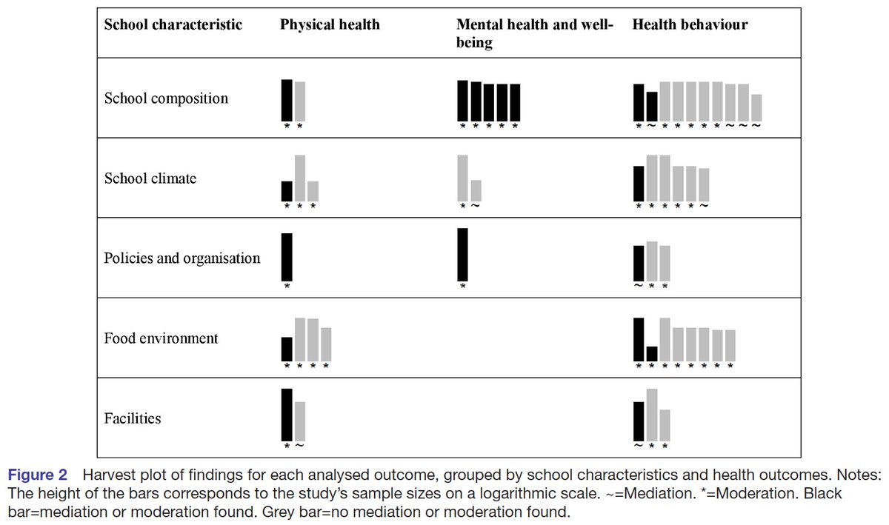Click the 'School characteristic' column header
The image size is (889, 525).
point(173,24)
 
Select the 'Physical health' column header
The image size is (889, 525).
point(330,24)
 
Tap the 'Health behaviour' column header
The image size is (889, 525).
point(690,24)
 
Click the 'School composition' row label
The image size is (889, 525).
point(166,98)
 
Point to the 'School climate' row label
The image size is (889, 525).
point(150,178)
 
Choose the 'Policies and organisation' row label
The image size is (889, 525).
point(182,258)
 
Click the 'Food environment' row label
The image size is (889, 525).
point(161,338)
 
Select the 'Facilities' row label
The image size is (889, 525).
point(133,418)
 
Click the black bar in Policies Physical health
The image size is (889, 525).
point(287,257)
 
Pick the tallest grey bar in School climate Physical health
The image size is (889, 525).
point(300,178)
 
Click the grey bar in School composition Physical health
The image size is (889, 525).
point(300,101)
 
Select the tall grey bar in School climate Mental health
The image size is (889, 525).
point(462,178)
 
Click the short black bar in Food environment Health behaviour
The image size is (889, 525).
point(651,353)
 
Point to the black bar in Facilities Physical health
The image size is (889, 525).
point(287,414)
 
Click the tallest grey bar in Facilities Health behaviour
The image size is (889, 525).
point(652,414)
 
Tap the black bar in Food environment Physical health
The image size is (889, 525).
point(287,349)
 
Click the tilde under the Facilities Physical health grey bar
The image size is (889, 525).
point(300,446)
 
